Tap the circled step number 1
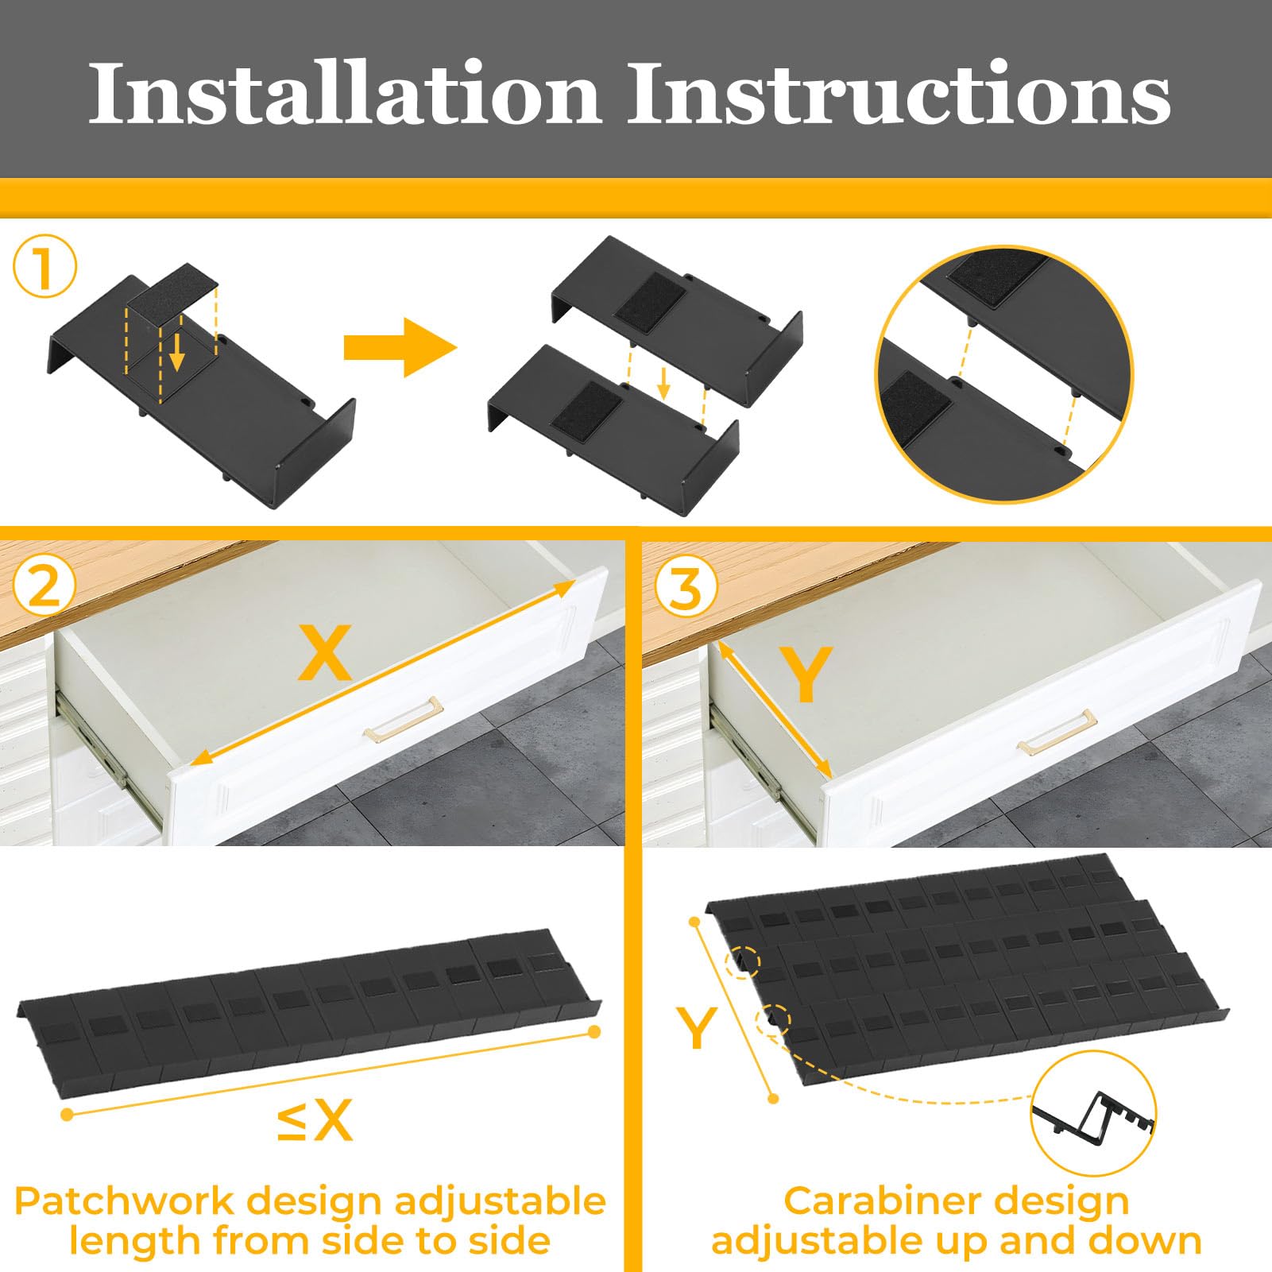pyautogui.click(x=44, y=269)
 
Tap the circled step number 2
pyautogui.click(x=44, y=588)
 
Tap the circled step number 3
pyautogui.click(x=686, y=589)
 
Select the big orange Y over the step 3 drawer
pyautogui.click(x=805, y=674)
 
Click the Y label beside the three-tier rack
pyautogui.click(x=697, y=1027)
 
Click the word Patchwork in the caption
pyautogui.click(x=123, y=1201)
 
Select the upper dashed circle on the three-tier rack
pyautogui.click(x=744, y=962)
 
